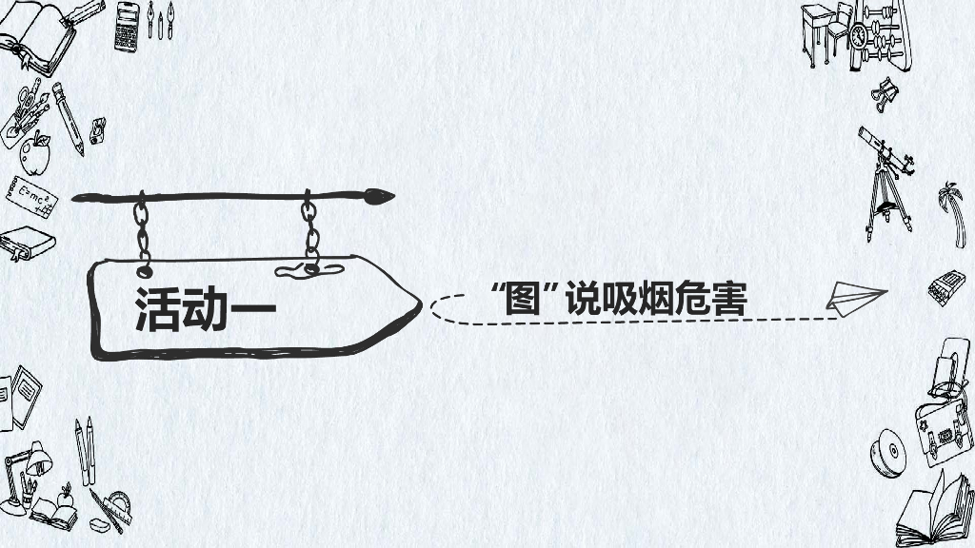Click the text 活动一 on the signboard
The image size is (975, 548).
click(205, 307)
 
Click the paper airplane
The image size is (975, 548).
click(855, 296)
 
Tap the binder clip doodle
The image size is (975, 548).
click(885, 91)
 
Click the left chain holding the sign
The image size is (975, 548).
click(144, 229)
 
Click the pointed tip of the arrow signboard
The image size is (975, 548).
click(415, 306)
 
